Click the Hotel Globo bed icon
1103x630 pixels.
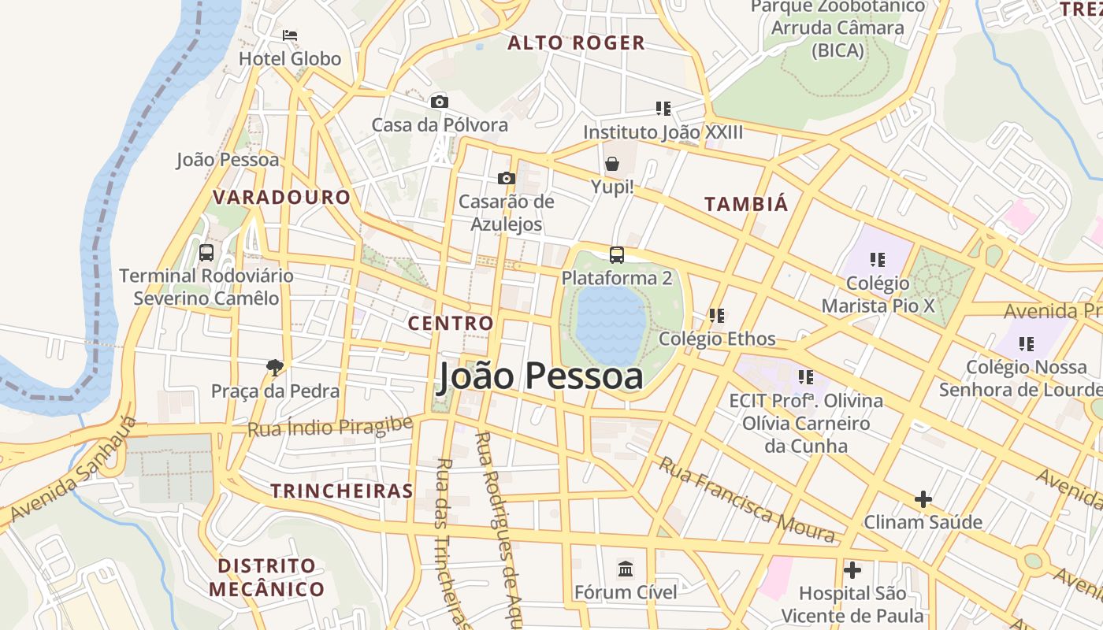290,35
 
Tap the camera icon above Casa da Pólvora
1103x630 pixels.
440,102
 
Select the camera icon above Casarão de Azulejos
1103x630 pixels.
507,179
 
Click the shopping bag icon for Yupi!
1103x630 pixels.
612,164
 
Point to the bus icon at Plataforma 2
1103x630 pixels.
617,254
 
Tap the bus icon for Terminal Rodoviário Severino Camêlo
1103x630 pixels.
206,253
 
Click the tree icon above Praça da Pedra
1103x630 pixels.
275,367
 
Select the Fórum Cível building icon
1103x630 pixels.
626,569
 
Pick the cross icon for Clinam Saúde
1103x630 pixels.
923,498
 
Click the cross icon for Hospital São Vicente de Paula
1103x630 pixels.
852,569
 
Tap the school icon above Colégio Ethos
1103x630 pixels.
717,316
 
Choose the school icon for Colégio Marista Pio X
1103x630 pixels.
878,259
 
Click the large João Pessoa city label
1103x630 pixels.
540,376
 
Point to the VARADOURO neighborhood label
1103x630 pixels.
281,197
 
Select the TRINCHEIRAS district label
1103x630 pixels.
342,491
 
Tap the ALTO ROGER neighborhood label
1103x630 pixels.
576,43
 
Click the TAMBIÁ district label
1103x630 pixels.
745,204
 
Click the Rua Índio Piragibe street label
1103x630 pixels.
330,427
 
